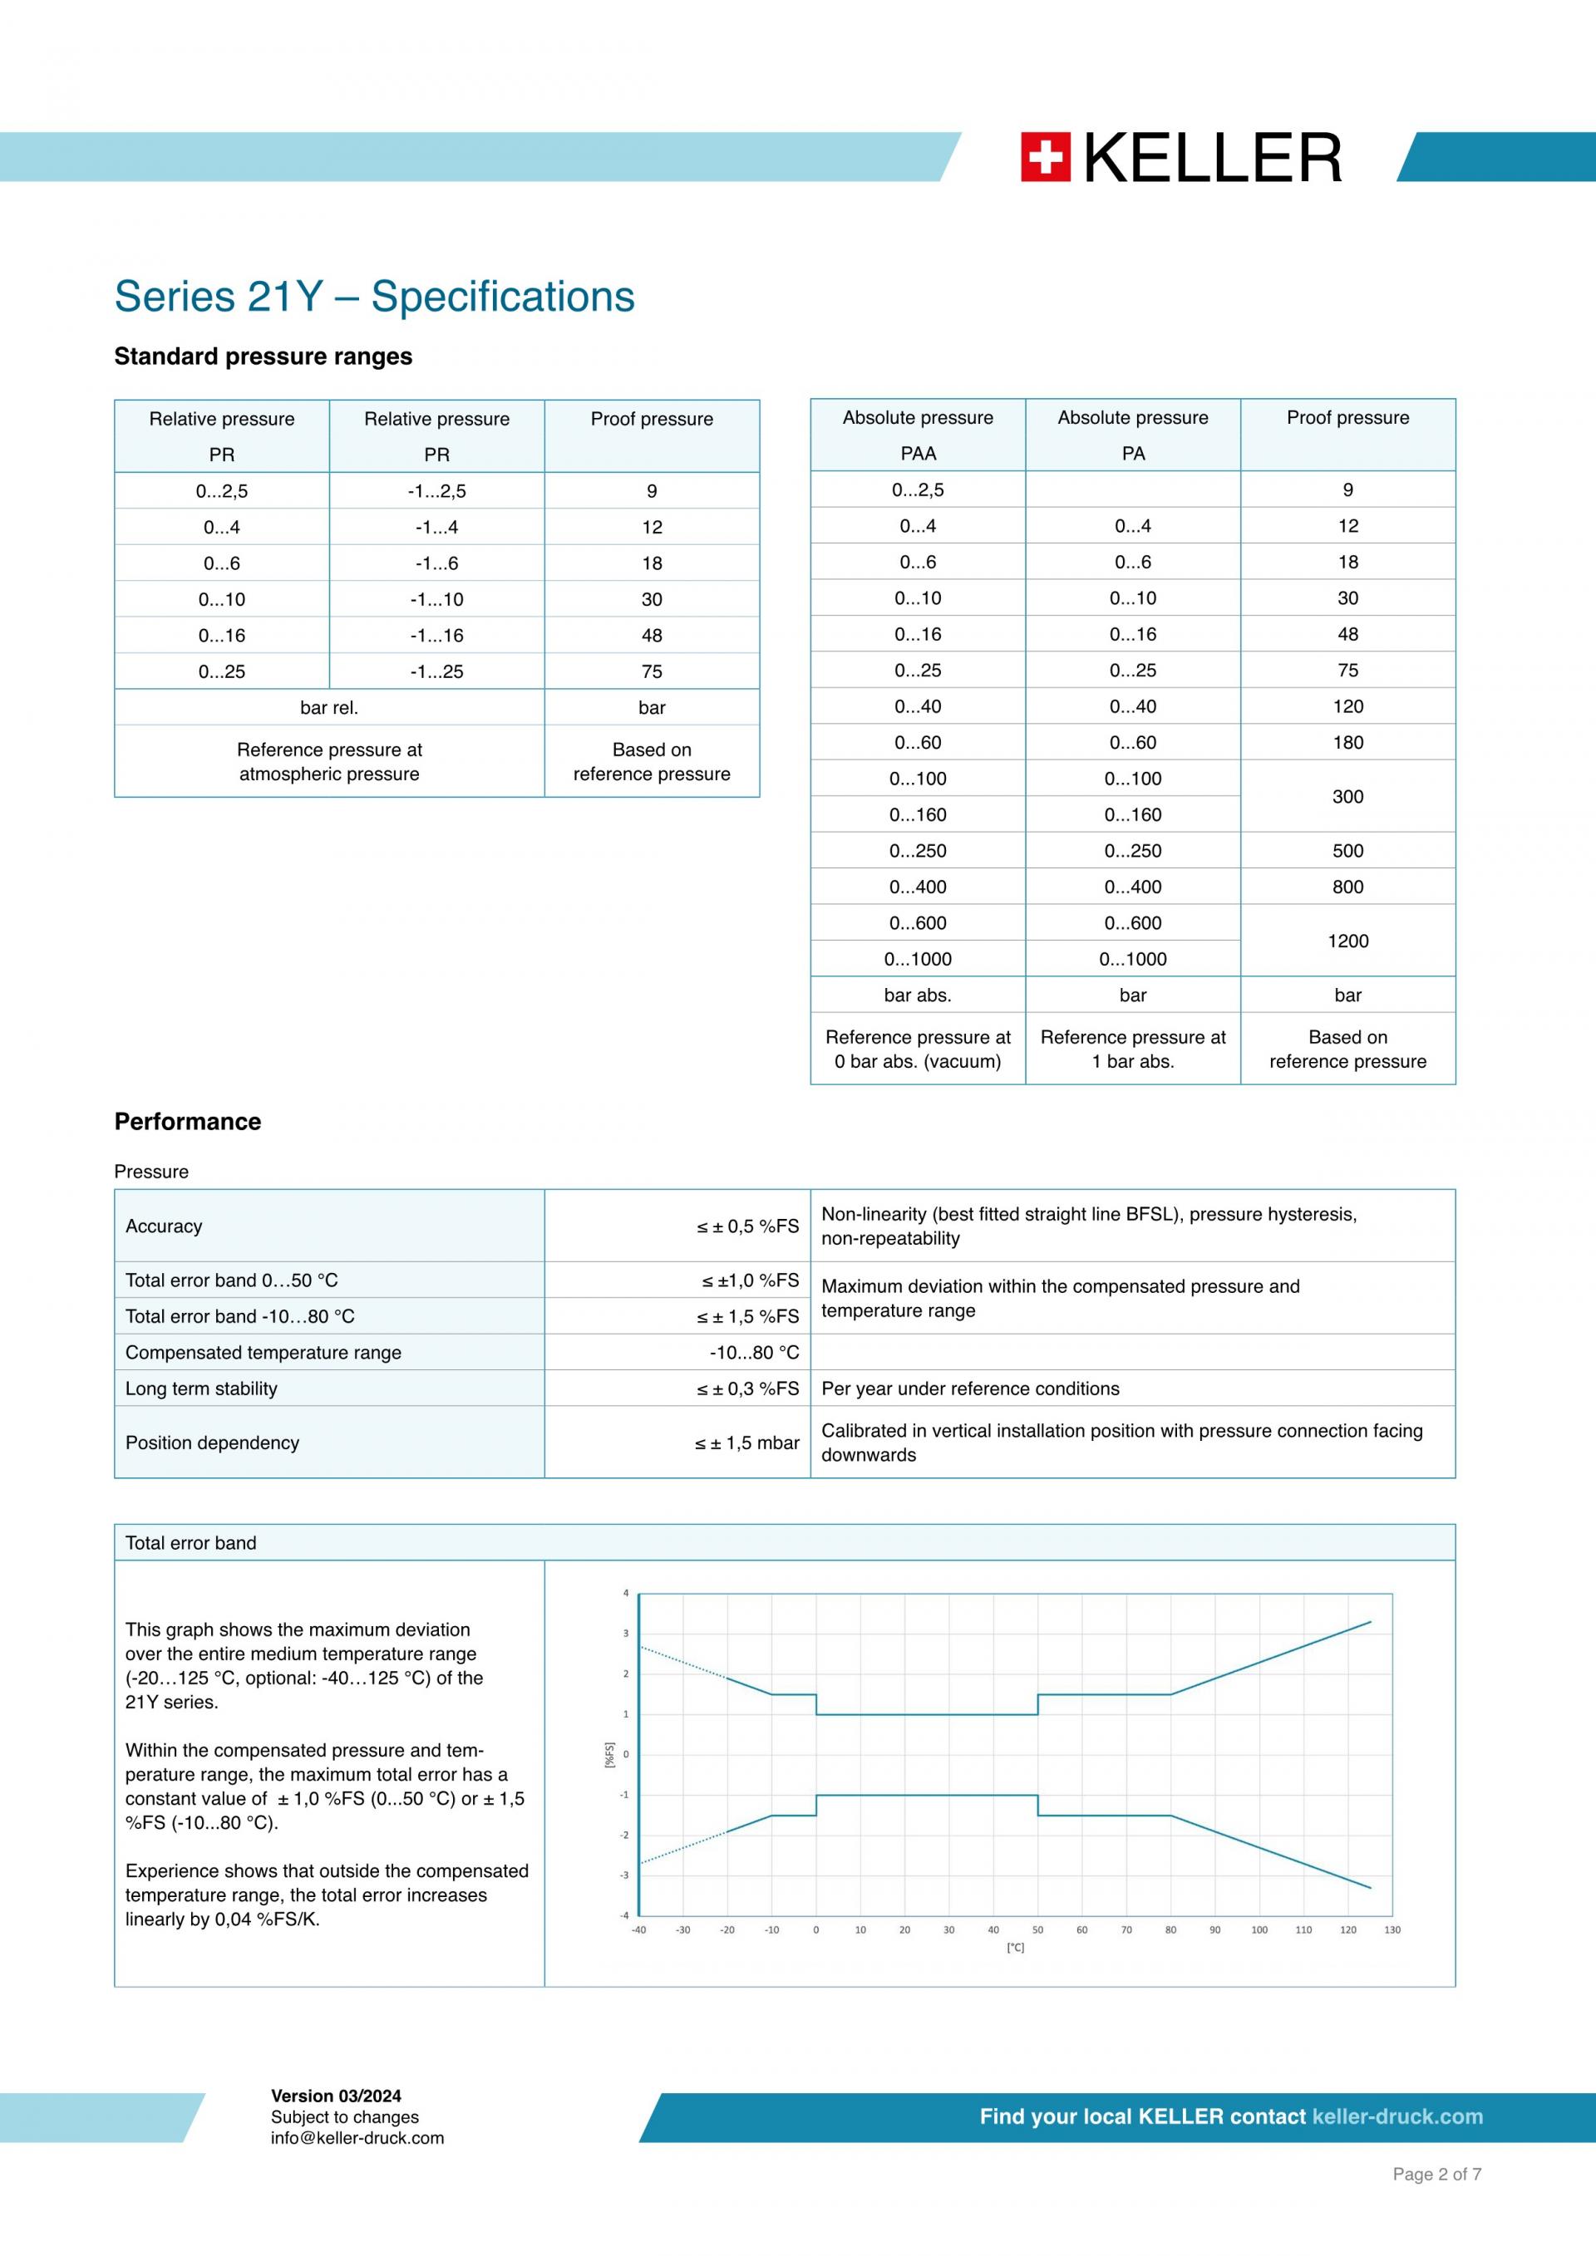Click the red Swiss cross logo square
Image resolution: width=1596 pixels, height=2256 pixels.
tap(1045, 157)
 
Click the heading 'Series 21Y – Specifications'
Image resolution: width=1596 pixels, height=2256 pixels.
tap(374, 297)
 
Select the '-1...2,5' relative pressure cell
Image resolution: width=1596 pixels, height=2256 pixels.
tap(436, 491)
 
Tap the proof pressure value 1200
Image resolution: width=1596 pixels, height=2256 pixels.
tap(1347, 941)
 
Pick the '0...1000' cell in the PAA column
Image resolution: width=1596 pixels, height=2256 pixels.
tap(917, 959)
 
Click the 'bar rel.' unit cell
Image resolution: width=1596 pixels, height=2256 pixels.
tap(328, 707)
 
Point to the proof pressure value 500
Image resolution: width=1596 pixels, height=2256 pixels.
tap(1347, 851)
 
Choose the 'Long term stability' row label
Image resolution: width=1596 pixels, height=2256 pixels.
tap(201, 1388)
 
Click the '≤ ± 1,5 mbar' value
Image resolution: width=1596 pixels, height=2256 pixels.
tap(747, 1443)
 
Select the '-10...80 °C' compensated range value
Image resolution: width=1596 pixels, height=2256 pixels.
tap(754, 1352)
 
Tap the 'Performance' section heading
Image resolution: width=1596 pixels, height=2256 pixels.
tap(188, 1121)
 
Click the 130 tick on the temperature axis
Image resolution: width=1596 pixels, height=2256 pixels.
tap(1392, 1929)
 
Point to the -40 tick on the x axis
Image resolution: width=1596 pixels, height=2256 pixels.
tap(638, 1929)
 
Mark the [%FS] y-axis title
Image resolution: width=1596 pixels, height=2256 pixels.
tap(609, 1755)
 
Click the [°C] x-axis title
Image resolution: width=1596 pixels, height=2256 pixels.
tap(1015, 1948)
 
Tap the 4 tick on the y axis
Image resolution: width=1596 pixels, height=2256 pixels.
tap(626, 1593)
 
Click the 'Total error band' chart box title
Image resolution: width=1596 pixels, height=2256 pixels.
tap(190, 1543)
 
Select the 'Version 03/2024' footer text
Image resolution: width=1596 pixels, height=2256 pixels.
tap(336, 2096)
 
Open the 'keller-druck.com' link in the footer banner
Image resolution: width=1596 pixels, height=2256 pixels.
tap(1397, 2116)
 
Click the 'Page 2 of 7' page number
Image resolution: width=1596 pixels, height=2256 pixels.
tap(1436, 2175)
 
